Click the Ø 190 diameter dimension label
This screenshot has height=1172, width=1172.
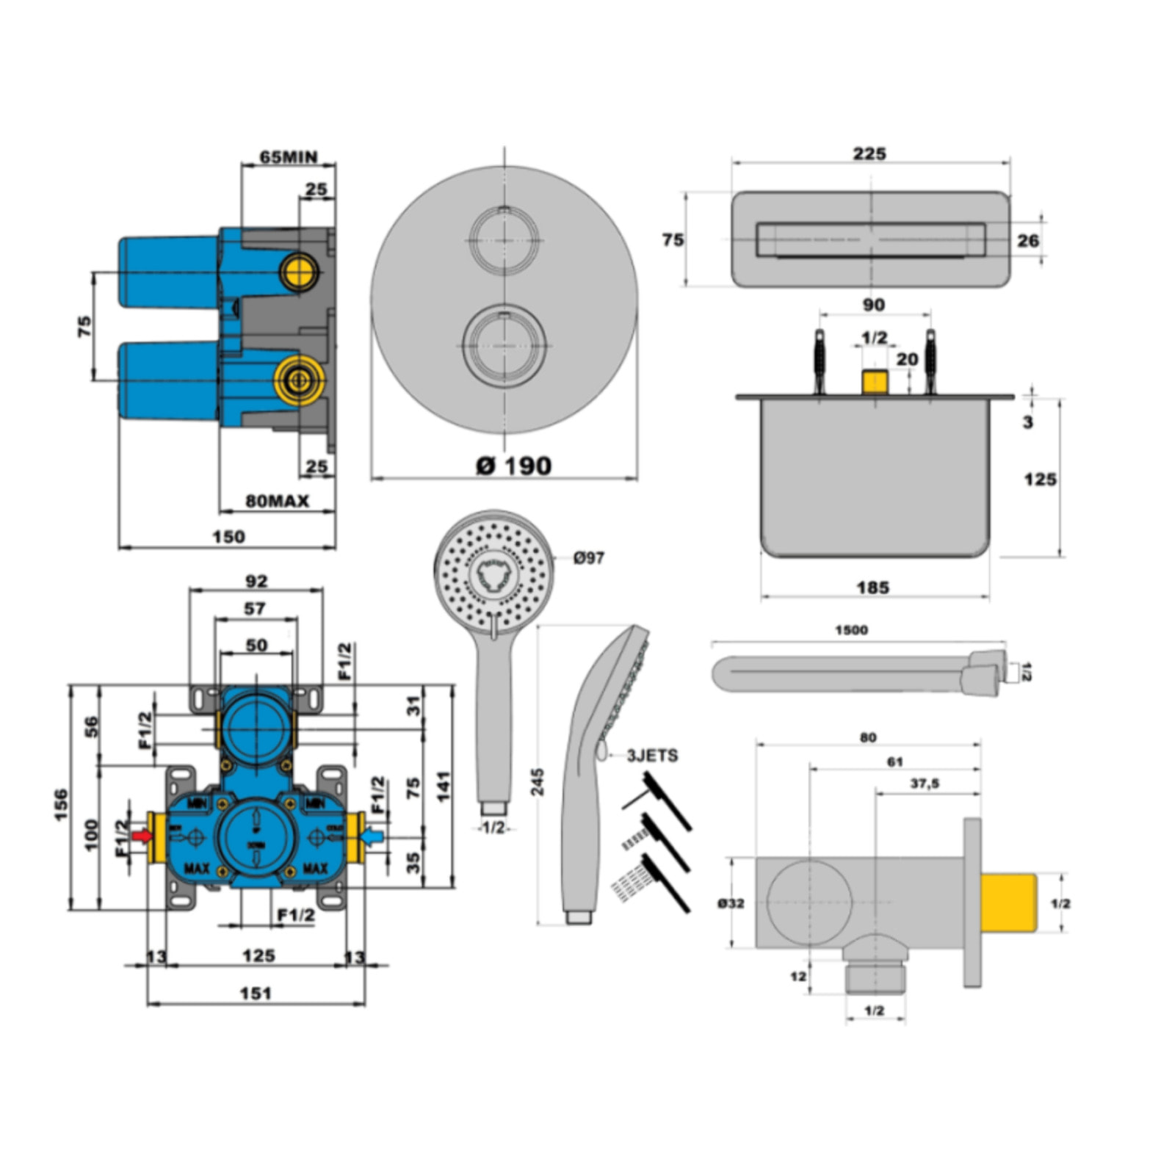[x=513, y=466]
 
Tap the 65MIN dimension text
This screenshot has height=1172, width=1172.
[x=289, y=157]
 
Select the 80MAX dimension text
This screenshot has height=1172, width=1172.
[x=277, y=501]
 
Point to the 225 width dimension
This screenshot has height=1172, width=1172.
[x=869, y=153]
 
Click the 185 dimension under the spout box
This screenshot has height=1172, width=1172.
[x=872, y=587]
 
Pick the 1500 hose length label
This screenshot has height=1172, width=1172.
[x=851, y=630]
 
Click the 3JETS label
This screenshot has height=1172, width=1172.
[x=652, y=756]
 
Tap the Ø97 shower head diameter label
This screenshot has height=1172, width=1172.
[x=589, y=558]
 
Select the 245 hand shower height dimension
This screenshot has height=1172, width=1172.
[x=538, y=781]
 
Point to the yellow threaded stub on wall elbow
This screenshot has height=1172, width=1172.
[x=1008, y=902]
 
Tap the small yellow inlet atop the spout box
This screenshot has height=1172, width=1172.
[x=874, y=383]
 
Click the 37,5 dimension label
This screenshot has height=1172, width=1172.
[x=925, y=784]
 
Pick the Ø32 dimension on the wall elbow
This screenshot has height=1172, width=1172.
[x=731, y=903]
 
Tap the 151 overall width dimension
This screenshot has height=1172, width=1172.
[x=256, y=994]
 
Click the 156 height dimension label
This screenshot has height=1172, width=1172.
[x=60, y=805]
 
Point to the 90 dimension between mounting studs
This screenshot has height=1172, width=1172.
[x=873, y=305]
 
